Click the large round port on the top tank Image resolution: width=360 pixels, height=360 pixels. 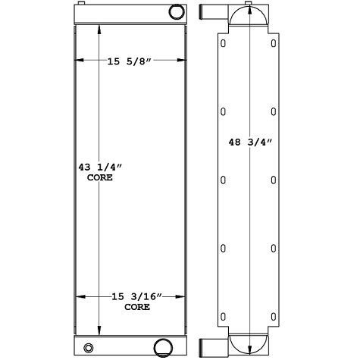(175, 12)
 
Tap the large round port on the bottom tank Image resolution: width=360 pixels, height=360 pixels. (161, 347)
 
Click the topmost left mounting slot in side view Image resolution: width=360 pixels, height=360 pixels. (223, 44)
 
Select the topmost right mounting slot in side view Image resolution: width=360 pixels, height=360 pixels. (273, 44)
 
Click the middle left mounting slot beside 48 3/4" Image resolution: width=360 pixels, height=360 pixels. (223, 180)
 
